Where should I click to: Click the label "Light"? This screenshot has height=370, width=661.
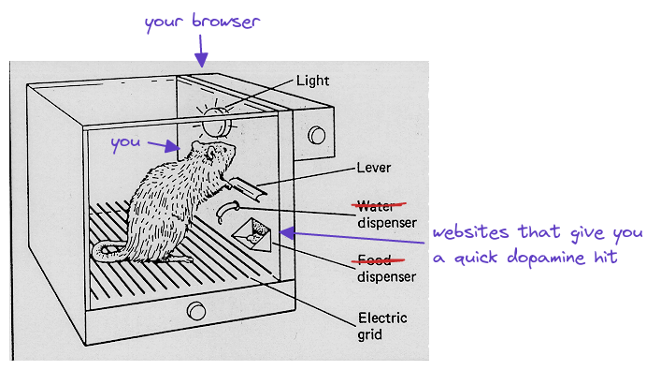click(312, 81)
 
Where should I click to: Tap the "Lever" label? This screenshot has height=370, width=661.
click(373, 168)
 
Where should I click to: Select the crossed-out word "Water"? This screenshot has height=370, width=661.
click(376, 206)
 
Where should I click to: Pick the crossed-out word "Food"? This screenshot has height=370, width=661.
click(375, 259)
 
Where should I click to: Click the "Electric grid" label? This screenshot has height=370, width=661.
click(382, 326)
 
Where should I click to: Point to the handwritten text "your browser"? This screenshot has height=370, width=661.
click(202, 22)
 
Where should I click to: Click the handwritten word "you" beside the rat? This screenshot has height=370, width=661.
click(125, 143)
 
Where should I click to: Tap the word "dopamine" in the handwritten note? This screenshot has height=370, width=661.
click(546, 258)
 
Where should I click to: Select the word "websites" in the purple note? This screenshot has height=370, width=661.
click(471, 232)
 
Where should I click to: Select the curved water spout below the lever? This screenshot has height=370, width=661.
click(227, 211)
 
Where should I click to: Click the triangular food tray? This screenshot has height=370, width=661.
click(252, 235)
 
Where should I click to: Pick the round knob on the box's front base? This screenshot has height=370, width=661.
click(196, 311)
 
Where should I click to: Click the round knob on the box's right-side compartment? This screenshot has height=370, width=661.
click(317, 135)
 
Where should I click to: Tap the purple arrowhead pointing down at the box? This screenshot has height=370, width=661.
click(202, 60)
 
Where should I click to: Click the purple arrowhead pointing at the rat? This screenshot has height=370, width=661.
click(173, 147)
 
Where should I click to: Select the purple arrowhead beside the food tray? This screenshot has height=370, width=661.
click(286, 232)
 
